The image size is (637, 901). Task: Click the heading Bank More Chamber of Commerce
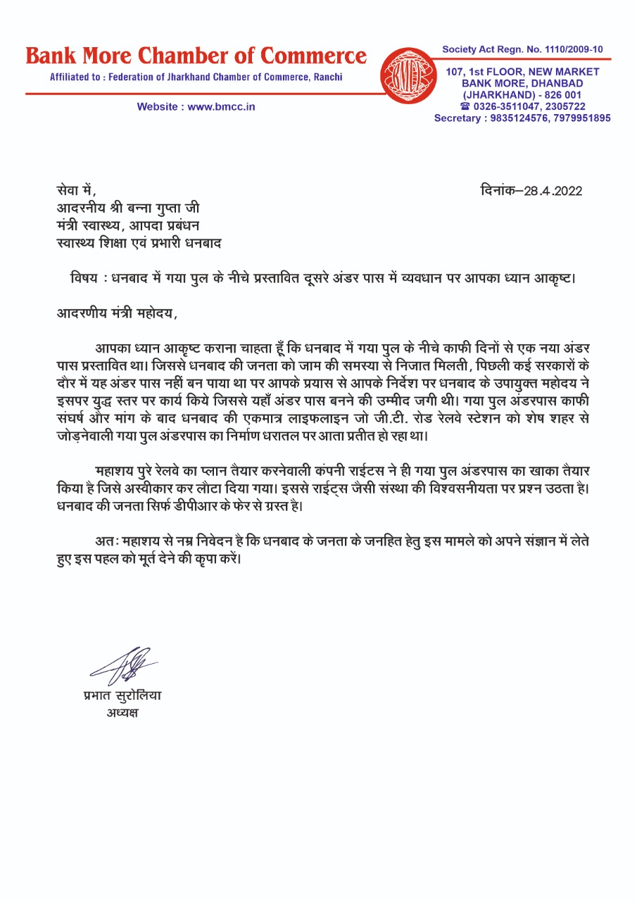(x=196, y=56)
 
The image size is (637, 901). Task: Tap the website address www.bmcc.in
(x=221, y=106)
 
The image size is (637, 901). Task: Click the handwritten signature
(x=126, y=665)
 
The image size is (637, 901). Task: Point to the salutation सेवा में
(x=75, y=191)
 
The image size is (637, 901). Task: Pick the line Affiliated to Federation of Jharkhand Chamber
(x=196, y=77)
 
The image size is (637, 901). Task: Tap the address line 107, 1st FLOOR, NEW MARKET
(x=522, y=72)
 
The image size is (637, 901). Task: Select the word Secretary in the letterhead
(x=456, y=118)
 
